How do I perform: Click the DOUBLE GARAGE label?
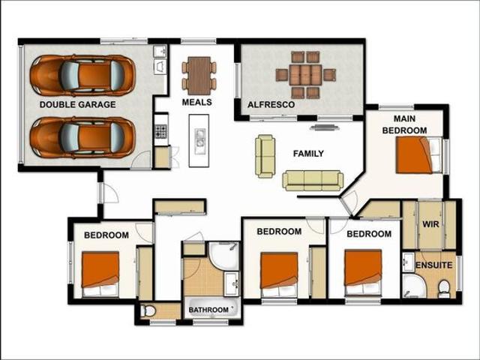click(x=77, y=104)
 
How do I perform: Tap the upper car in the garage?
click(x=82, y=74)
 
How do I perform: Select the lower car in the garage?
click(x=82, y=136)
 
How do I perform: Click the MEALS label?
click(x=196, y=102)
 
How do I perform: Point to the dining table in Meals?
click(x=199, y=74)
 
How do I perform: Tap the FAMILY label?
click(x=308, y=154)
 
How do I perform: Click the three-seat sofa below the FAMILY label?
click(x=313, y=180)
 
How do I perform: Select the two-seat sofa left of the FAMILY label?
click(x=265, y=156)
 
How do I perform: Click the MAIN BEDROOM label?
click(x=404, y=124)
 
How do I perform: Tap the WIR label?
click(x=430, y=224)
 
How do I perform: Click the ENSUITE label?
click(x=434, y=265)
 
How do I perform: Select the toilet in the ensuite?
click(x=443, y=287)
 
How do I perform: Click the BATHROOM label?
click(x=208, y=309)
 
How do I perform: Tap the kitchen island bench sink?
click(x=199, y=137)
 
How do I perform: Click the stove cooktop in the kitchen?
click(x=160, y=130)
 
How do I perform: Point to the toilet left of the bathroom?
click(x=148, y=310)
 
